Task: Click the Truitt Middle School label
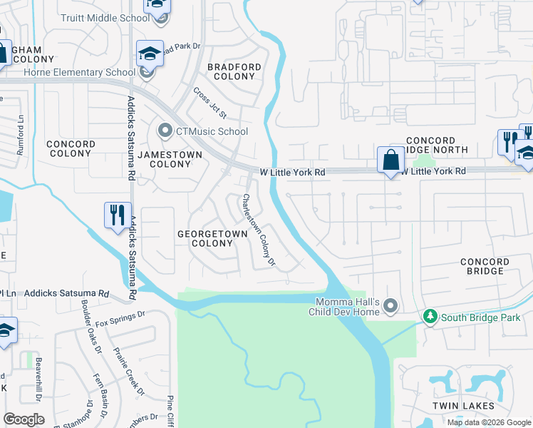point(104,19)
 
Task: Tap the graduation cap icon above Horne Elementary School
point(150,53)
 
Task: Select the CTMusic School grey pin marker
point(165,131)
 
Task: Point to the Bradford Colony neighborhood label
point(234,71)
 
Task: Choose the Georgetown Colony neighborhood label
point(212,238)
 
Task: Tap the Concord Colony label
point(71,148)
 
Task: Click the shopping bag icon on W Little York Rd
point(390,160)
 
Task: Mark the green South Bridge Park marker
point(430,316)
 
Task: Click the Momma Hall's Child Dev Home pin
point(390,307)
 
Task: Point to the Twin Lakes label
point(463,406)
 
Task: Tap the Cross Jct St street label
point(209,103)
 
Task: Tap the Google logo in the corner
point(24,419)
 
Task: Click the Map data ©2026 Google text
point(489,422)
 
